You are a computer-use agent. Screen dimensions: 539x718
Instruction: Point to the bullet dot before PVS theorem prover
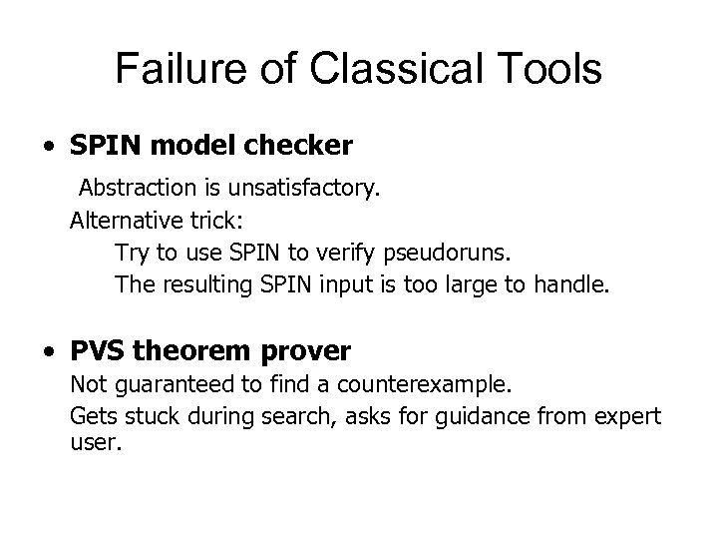click(49, 352)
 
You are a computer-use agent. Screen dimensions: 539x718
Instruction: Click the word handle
click(569, 284)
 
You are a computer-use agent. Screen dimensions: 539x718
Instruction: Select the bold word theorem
click(194, 351)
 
